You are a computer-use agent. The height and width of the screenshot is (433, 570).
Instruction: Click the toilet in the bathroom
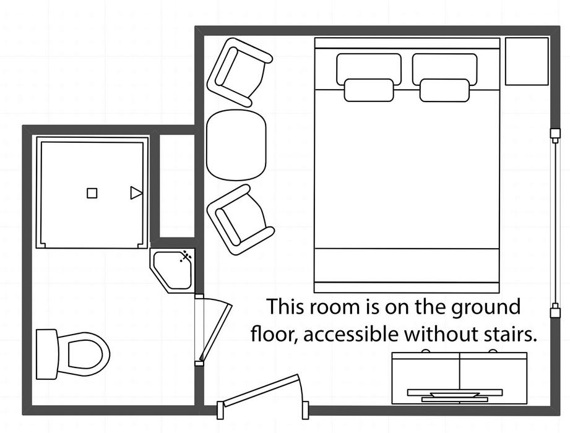(x=72, y=354)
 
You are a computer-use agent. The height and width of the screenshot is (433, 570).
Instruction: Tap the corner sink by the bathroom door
(x=172, y=270)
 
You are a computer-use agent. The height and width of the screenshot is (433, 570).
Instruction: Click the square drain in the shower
(x=92, y=193)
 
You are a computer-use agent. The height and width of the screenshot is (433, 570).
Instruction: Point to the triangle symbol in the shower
(x=136, y=192)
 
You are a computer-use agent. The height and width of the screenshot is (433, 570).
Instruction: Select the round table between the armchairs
(x=236, y=145)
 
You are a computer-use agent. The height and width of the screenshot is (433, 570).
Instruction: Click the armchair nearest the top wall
(x=239, y=72)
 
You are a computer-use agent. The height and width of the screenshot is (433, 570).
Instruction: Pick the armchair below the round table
(x=240, y=220)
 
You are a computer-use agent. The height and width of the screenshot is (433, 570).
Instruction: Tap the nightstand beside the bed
(x=527, y=61)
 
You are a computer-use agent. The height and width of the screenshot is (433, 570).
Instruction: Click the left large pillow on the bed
(x=369, y=69)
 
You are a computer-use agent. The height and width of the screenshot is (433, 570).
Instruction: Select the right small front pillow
(x=444, y=90)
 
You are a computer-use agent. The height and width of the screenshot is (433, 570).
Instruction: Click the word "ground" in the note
(x=486, y=307)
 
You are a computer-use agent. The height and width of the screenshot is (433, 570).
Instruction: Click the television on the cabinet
(x=455, y=395)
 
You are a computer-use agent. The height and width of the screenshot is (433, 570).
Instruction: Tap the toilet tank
(x=47, y=354)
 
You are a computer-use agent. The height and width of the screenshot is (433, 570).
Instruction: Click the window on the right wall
(x=555, y=224)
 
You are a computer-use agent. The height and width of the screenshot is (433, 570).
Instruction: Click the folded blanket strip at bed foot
(x=407, y=271)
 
